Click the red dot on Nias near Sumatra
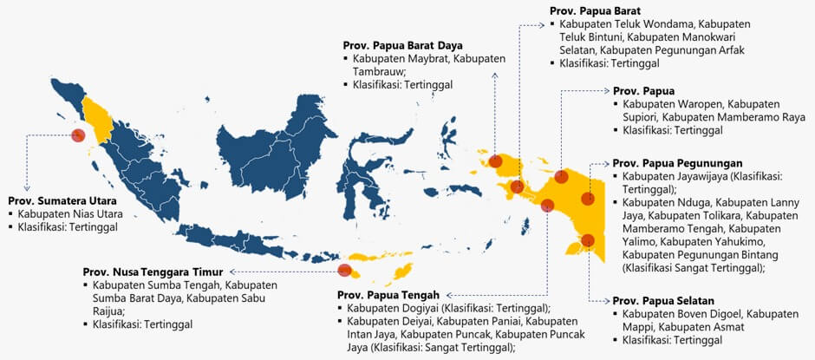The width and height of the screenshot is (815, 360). click(x=78, y=135)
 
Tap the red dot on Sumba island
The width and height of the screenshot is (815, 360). click(x=344, y=270)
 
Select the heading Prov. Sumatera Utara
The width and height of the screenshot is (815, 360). click(x=58, y=199)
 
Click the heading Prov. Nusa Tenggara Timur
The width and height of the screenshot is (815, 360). click(x=153, y=271)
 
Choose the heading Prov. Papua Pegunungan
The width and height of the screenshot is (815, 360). click(x=677, y=162)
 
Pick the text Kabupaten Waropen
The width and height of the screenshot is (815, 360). click(x=672, y=103)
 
